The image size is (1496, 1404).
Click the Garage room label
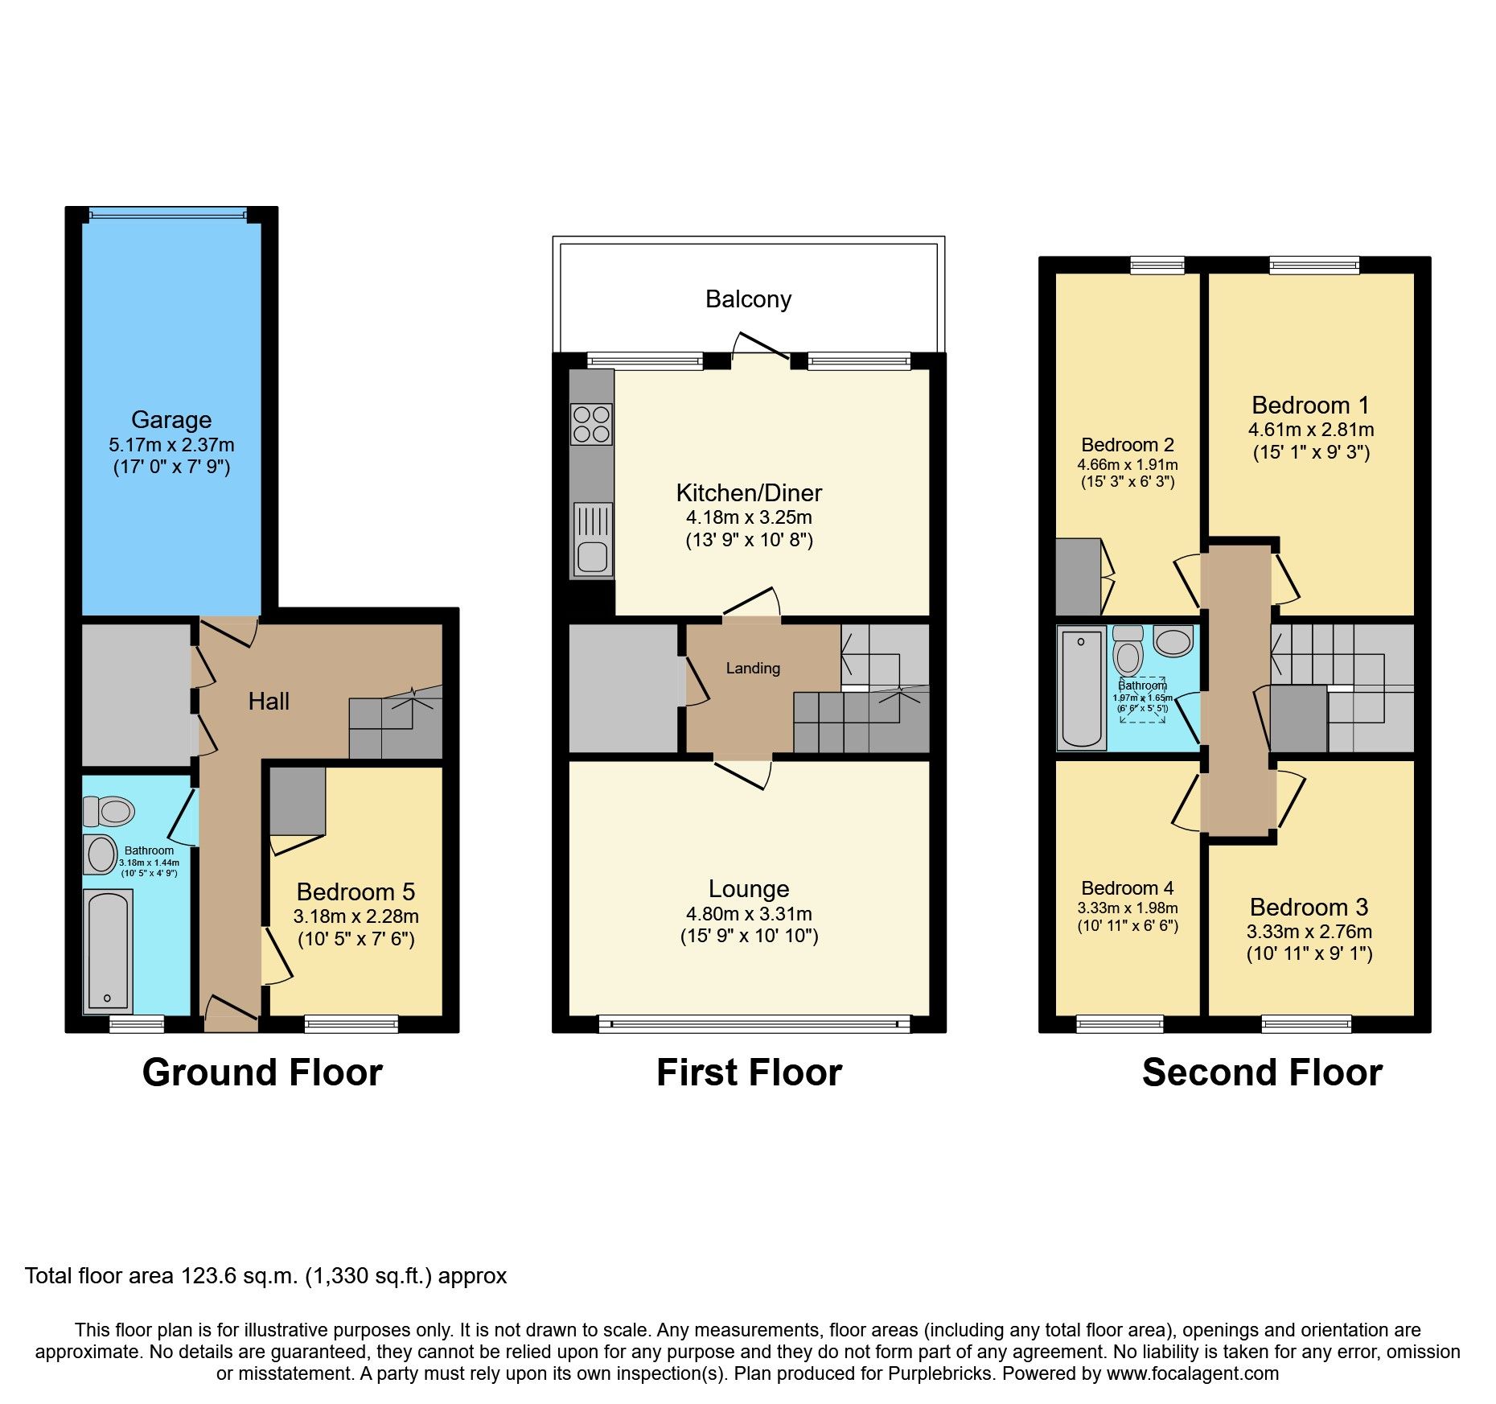tap(171, 420)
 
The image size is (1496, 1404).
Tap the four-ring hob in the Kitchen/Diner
tap(591, 425)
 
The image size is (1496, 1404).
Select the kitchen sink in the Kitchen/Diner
tap(592, 556)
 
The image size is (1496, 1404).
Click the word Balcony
tap(748, 299)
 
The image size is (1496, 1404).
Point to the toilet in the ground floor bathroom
tap(109, 811)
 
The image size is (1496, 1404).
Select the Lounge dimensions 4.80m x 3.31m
tap(748, 914)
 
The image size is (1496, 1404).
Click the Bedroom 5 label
tap(356, 891)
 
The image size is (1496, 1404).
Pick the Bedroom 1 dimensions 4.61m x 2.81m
tap(1310, 430)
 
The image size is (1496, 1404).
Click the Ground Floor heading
tap(262, 1073)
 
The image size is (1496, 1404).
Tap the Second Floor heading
tap(1262, 1073)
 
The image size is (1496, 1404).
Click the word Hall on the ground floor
tap(269, 702)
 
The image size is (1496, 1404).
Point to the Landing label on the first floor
tap(753, 668)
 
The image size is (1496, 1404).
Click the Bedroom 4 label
tap(1127, 888)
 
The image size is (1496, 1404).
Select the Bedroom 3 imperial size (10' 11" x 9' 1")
tap(1309, 954)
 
